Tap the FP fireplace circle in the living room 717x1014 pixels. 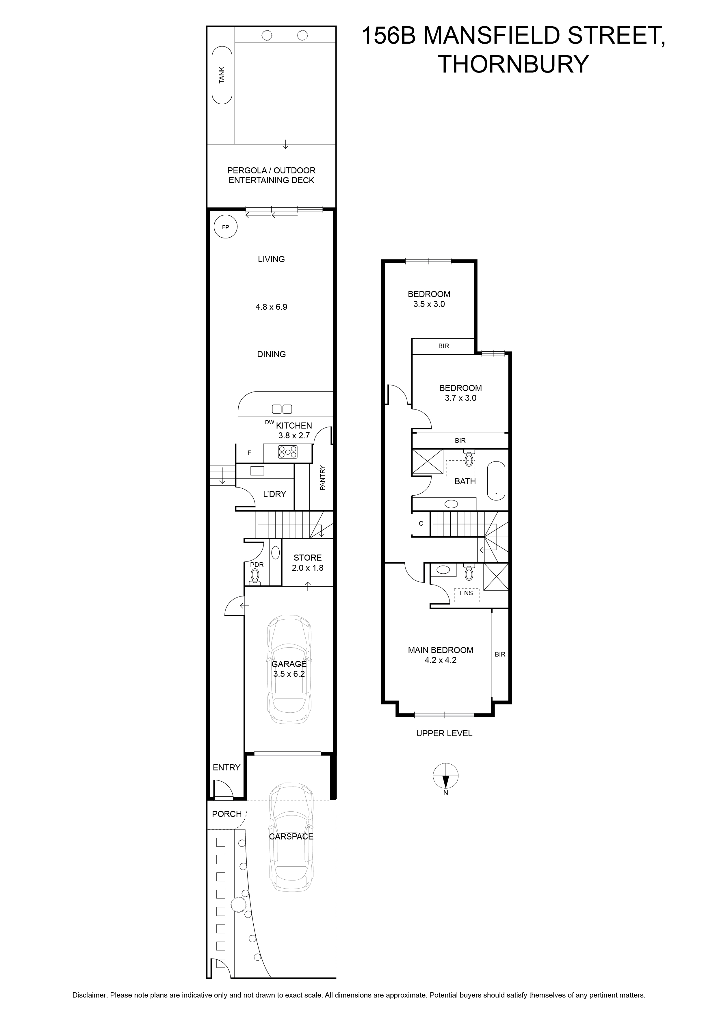click(225, 227)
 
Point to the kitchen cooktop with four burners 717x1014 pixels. click(287, 452)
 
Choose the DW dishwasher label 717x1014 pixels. click(269, 422)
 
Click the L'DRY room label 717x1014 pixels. click(275, 494)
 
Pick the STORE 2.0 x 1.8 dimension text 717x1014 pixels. click(307, 568)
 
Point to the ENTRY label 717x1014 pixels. click(226, 768)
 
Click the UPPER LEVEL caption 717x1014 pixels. click(444, 733)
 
